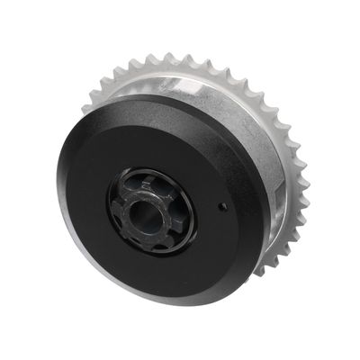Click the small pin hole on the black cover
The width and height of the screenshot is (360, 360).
[x=221, y=206]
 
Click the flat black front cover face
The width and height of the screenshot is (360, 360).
[x=99, y=162]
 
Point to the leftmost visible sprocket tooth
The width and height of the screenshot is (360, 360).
[x=87, y=106]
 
